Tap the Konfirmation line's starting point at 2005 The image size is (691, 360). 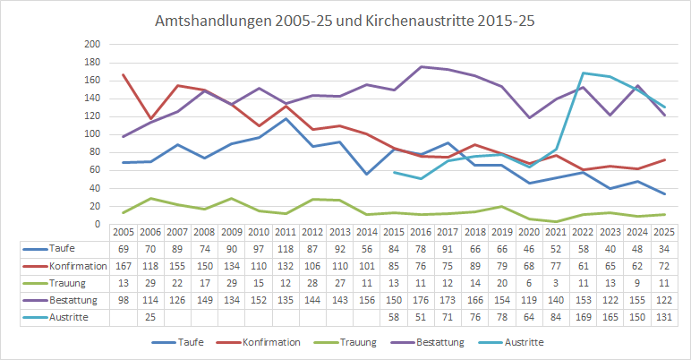[x=123, y=74]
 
